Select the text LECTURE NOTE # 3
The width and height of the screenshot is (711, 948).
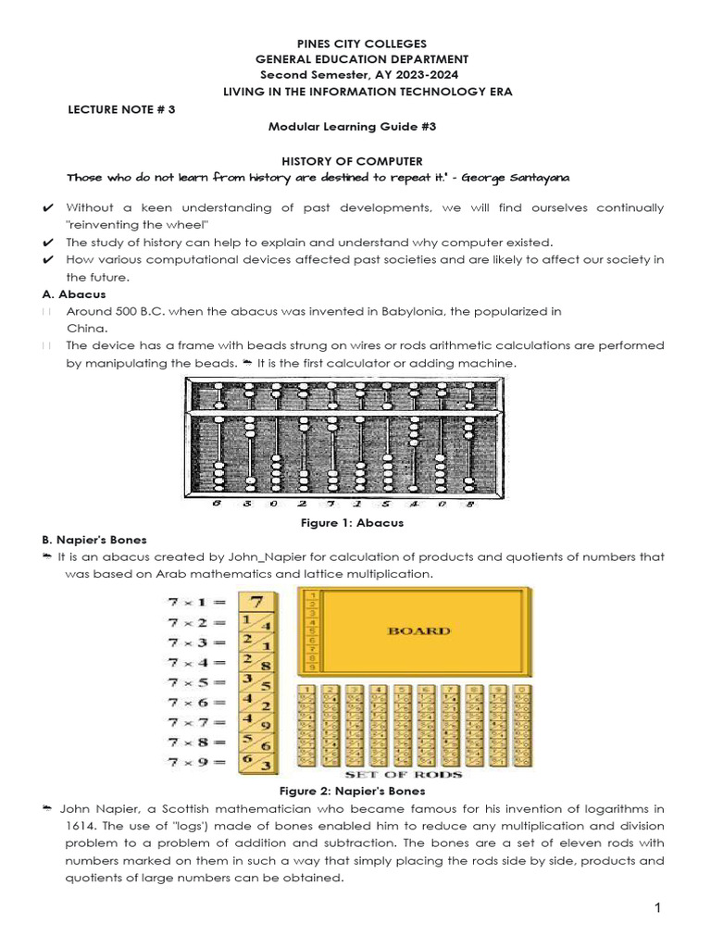(x=121, y=109)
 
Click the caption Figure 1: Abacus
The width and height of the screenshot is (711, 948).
(x=353, y=523)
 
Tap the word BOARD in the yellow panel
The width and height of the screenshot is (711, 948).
(x=419, y=630)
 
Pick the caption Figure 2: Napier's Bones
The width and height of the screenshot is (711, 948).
(x=353, y=791)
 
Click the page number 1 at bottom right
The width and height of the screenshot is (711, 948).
(x=658, y=909)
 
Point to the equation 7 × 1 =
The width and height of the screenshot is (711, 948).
(x=195, y=602)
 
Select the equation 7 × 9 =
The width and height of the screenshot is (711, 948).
(x=195, y=761)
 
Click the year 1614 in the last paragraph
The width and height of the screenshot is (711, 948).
(x=80, y=826)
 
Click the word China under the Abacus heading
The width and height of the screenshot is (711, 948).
(x=87, y=328)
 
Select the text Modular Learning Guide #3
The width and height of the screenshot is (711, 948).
(x=353, y=127)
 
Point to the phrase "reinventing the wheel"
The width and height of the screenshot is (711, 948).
(x=138, y=225)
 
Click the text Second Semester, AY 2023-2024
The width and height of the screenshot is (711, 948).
(x=358, y=75)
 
